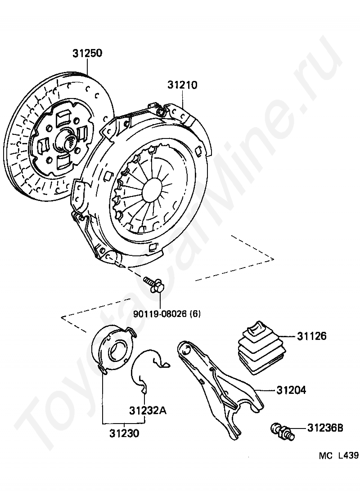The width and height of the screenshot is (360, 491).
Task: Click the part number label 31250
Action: coord(87,54)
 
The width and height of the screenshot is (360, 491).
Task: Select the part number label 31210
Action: coord(183,85)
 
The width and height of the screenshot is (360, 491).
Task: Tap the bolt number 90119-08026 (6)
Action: coord(166,313)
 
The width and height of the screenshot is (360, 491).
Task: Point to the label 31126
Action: coord(311,336)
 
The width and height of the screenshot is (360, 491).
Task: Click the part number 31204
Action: coord(291,390)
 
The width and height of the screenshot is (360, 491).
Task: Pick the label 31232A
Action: coord(148,411)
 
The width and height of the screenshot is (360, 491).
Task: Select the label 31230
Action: coord(124,434)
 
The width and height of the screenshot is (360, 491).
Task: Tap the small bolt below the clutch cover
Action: coord(153,285)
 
